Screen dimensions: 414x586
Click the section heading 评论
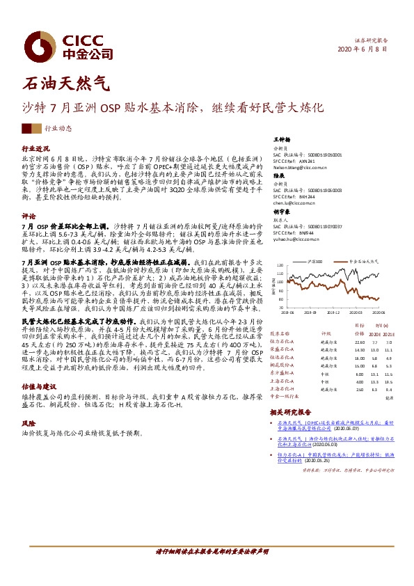[29, 216]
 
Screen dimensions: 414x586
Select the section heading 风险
[29, 422]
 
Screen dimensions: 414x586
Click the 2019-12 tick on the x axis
[334, 314]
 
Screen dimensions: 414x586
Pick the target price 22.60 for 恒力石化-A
[359, 342]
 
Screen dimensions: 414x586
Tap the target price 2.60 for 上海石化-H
[359, 389]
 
